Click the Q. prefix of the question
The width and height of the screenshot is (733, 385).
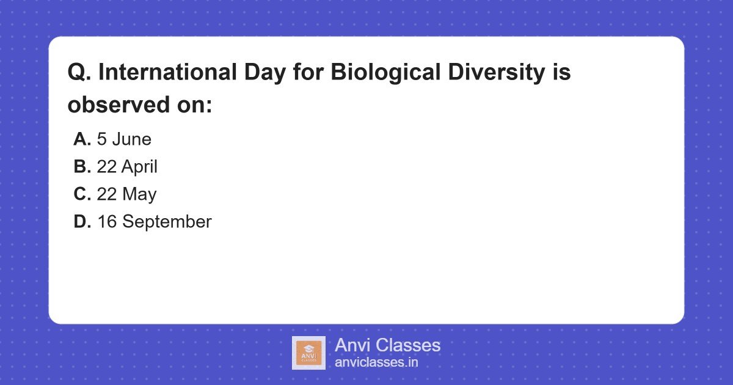pos(79,73)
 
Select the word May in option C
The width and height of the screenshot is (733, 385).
pos(139,194)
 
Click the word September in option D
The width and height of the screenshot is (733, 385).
pos(167,222)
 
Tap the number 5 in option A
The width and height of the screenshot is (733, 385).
pos(101,139)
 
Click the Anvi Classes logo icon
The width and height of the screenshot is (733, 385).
pos(308,353)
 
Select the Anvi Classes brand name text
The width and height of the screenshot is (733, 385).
pos(387,345)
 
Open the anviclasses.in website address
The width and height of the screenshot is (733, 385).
pos(376,362)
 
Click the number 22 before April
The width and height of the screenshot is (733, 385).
pos(107,167)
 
